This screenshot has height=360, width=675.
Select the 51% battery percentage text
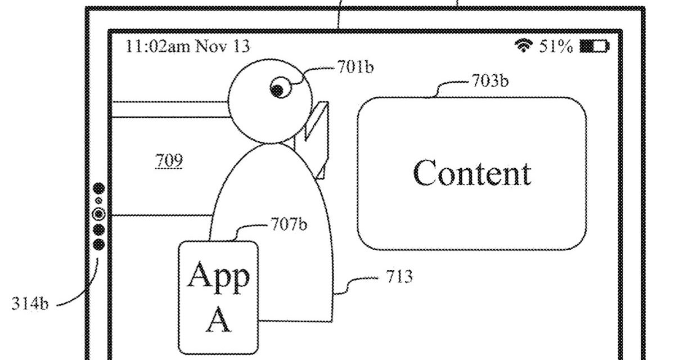556,46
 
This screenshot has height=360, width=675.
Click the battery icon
593,46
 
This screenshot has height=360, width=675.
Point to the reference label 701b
356,67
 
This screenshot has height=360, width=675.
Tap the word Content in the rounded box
472,173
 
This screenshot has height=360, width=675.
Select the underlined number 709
169,161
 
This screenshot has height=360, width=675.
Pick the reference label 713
399,277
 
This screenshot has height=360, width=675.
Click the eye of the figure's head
278,89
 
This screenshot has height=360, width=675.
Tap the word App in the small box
218,276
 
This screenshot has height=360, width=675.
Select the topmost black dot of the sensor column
99,188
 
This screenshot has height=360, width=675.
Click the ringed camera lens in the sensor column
99,214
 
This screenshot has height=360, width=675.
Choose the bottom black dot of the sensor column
99,244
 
